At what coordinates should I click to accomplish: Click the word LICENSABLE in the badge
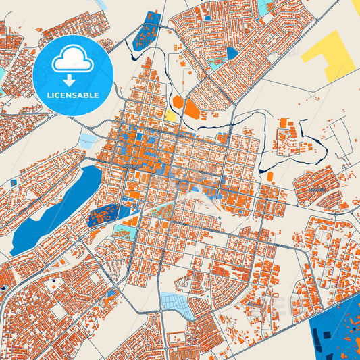pyautogui.click(x=72, y=95)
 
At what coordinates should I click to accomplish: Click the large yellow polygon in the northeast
pyautogui.click(x=329, y=55)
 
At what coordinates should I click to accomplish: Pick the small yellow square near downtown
pyautogui.click(x=170, y=116)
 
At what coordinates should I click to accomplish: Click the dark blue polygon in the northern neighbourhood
pyautogui.click(x=233, y=53)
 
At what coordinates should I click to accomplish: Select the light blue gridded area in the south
pyautogui.click(x=177, y=304)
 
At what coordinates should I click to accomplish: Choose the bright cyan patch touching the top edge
pyautogui.click(x=263, y=7)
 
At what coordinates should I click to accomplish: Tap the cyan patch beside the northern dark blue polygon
pyautogui.click(x=218, y=64)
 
